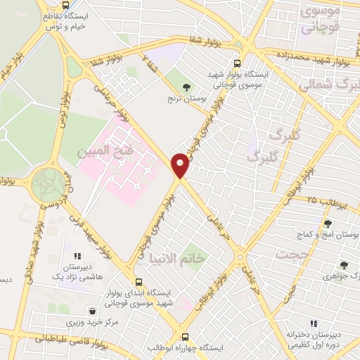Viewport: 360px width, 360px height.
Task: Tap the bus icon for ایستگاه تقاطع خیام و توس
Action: point(65,6)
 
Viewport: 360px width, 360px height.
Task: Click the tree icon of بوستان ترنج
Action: point(186,87)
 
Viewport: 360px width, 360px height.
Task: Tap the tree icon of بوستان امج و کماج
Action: point(328,224)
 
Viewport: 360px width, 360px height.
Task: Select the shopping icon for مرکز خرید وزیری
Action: point(93,311)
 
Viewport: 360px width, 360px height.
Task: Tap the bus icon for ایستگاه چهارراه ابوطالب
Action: point(186,337)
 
